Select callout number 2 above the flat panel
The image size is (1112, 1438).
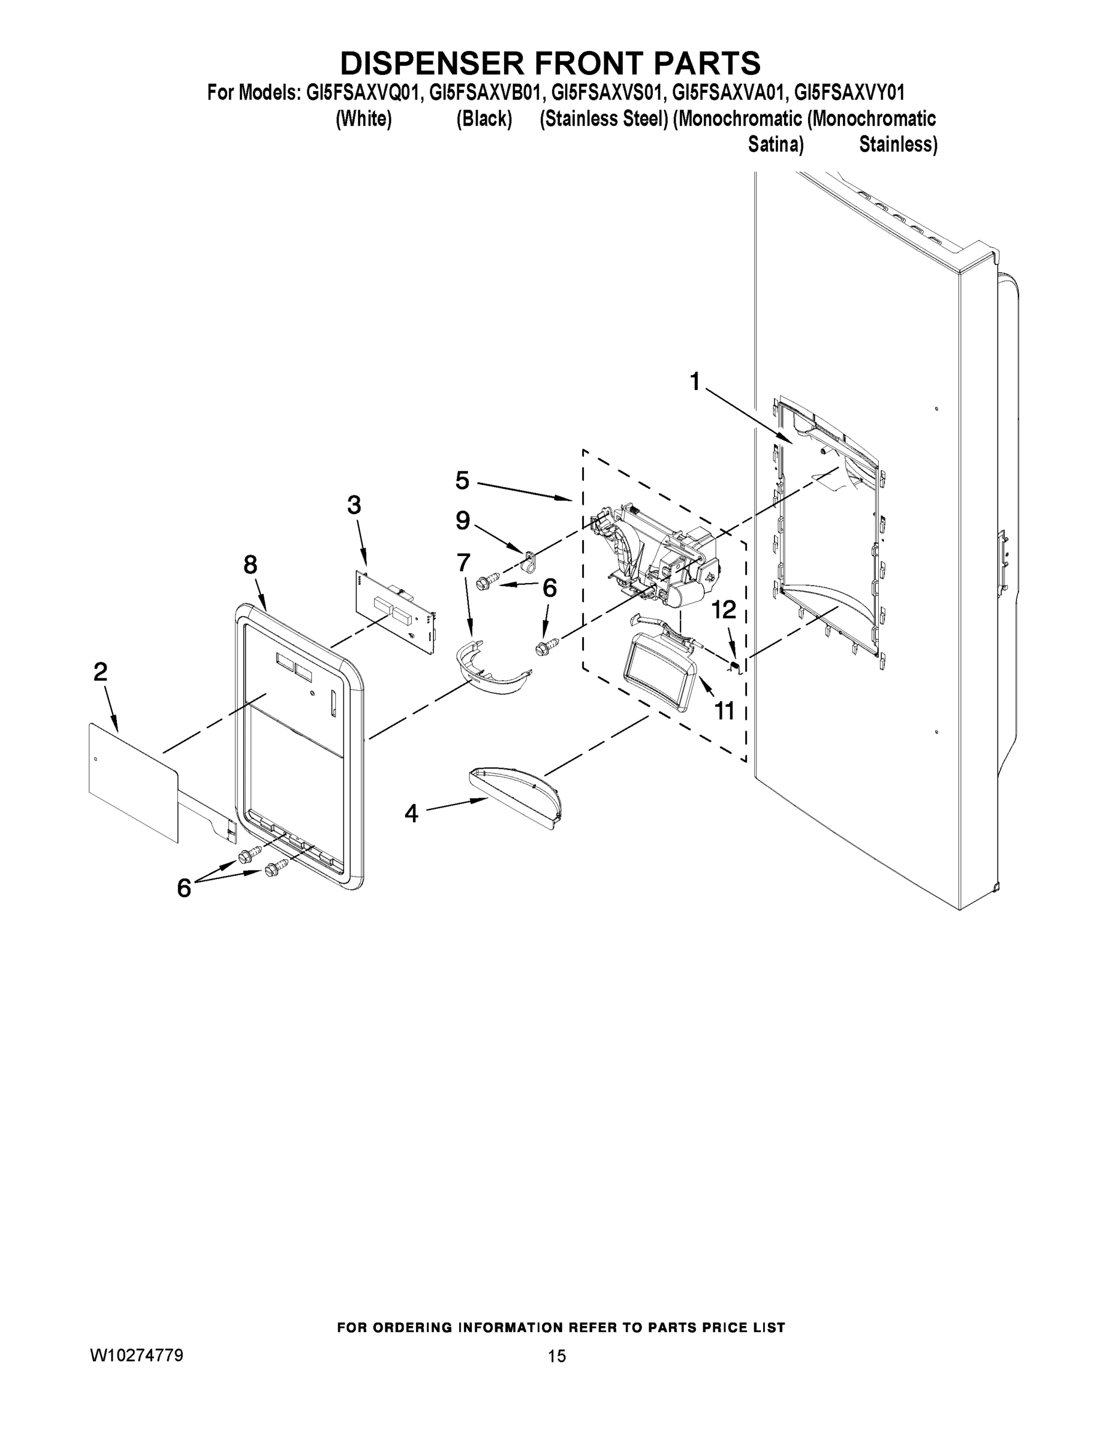(100, 672)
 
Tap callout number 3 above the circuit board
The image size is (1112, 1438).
(354, 505)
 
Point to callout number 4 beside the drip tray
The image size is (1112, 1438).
(411, 814)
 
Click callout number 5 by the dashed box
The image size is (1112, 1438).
(462, 480)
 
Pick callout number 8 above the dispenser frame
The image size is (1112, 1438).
(251, 564)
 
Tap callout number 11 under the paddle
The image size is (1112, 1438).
(725, 711)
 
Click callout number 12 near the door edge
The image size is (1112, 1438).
(724, 610)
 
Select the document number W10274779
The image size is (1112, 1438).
(137, 1355)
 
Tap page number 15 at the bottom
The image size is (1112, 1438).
(556, 1356)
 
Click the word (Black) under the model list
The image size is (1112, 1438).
(484, 119)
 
